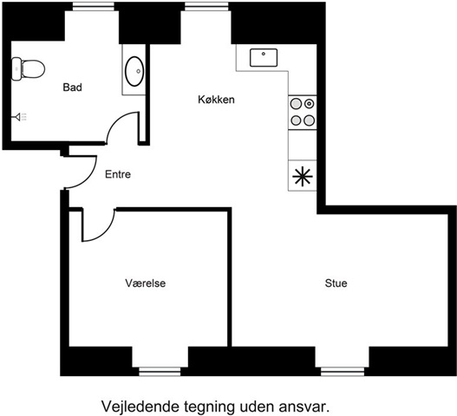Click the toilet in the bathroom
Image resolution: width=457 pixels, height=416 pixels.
click(x=28, y=68)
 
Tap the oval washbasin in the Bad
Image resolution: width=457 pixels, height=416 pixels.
click(x=134, y=71)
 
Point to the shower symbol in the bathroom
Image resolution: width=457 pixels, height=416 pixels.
click(x=21, y=117)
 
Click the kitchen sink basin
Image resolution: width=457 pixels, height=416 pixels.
click(x=264, y=57)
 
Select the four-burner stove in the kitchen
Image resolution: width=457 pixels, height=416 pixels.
click(x=303, y=112)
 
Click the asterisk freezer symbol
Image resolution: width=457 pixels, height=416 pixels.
click(x=303, y=176)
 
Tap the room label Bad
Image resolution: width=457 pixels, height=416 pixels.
click(x=72, y=88)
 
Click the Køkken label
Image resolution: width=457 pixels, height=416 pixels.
click(x=216, y=100)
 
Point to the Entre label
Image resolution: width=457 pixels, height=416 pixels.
click(x=118, y=174)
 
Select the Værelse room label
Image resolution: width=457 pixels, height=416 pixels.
click(x=146, y=283)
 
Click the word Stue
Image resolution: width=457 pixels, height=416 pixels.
click(x=336, y=283)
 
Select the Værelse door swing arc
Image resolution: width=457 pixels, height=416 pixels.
click(x=107, y=233)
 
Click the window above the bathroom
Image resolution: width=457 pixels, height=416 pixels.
click(x=94, y=6)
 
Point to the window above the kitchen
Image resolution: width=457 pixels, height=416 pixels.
click(x=206, y=6)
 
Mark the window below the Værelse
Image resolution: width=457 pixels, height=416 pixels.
click(x=160, y=372)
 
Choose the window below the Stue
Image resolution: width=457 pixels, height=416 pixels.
click(x=343, y=372)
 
